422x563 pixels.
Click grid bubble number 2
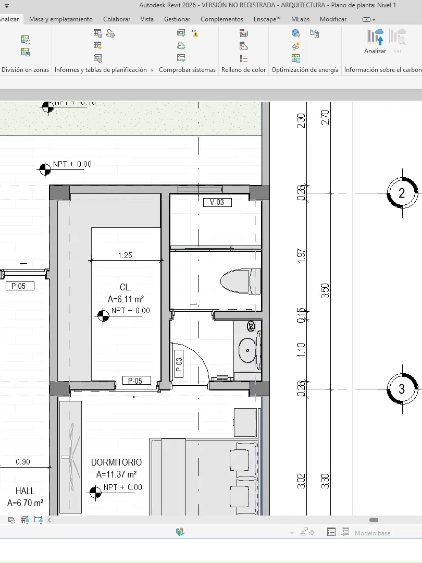[402, 193]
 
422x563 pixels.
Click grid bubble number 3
[402, 389]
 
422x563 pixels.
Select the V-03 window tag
[217, 202]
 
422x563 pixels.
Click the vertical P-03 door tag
[179, 363]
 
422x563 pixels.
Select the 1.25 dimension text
[125, 255]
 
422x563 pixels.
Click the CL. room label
[126, 287]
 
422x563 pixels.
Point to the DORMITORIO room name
[116, 462]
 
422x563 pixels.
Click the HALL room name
[25, 491]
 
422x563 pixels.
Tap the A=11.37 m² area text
[116, 474]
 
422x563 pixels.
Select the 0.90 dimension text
[23, 461]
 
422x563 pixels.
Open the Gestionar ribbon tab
[177, 19]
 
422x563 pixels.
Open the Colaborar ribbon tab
[117, 19]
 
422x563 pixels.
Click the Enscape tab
[267, 19]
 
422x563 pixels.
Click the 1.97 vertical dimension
[301, 255]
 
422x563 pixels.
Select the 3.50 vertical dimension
[325, 290]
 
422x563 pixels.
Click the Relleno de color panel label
[243, 70]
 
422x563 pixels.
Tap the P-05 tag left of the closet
[19, 286]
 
